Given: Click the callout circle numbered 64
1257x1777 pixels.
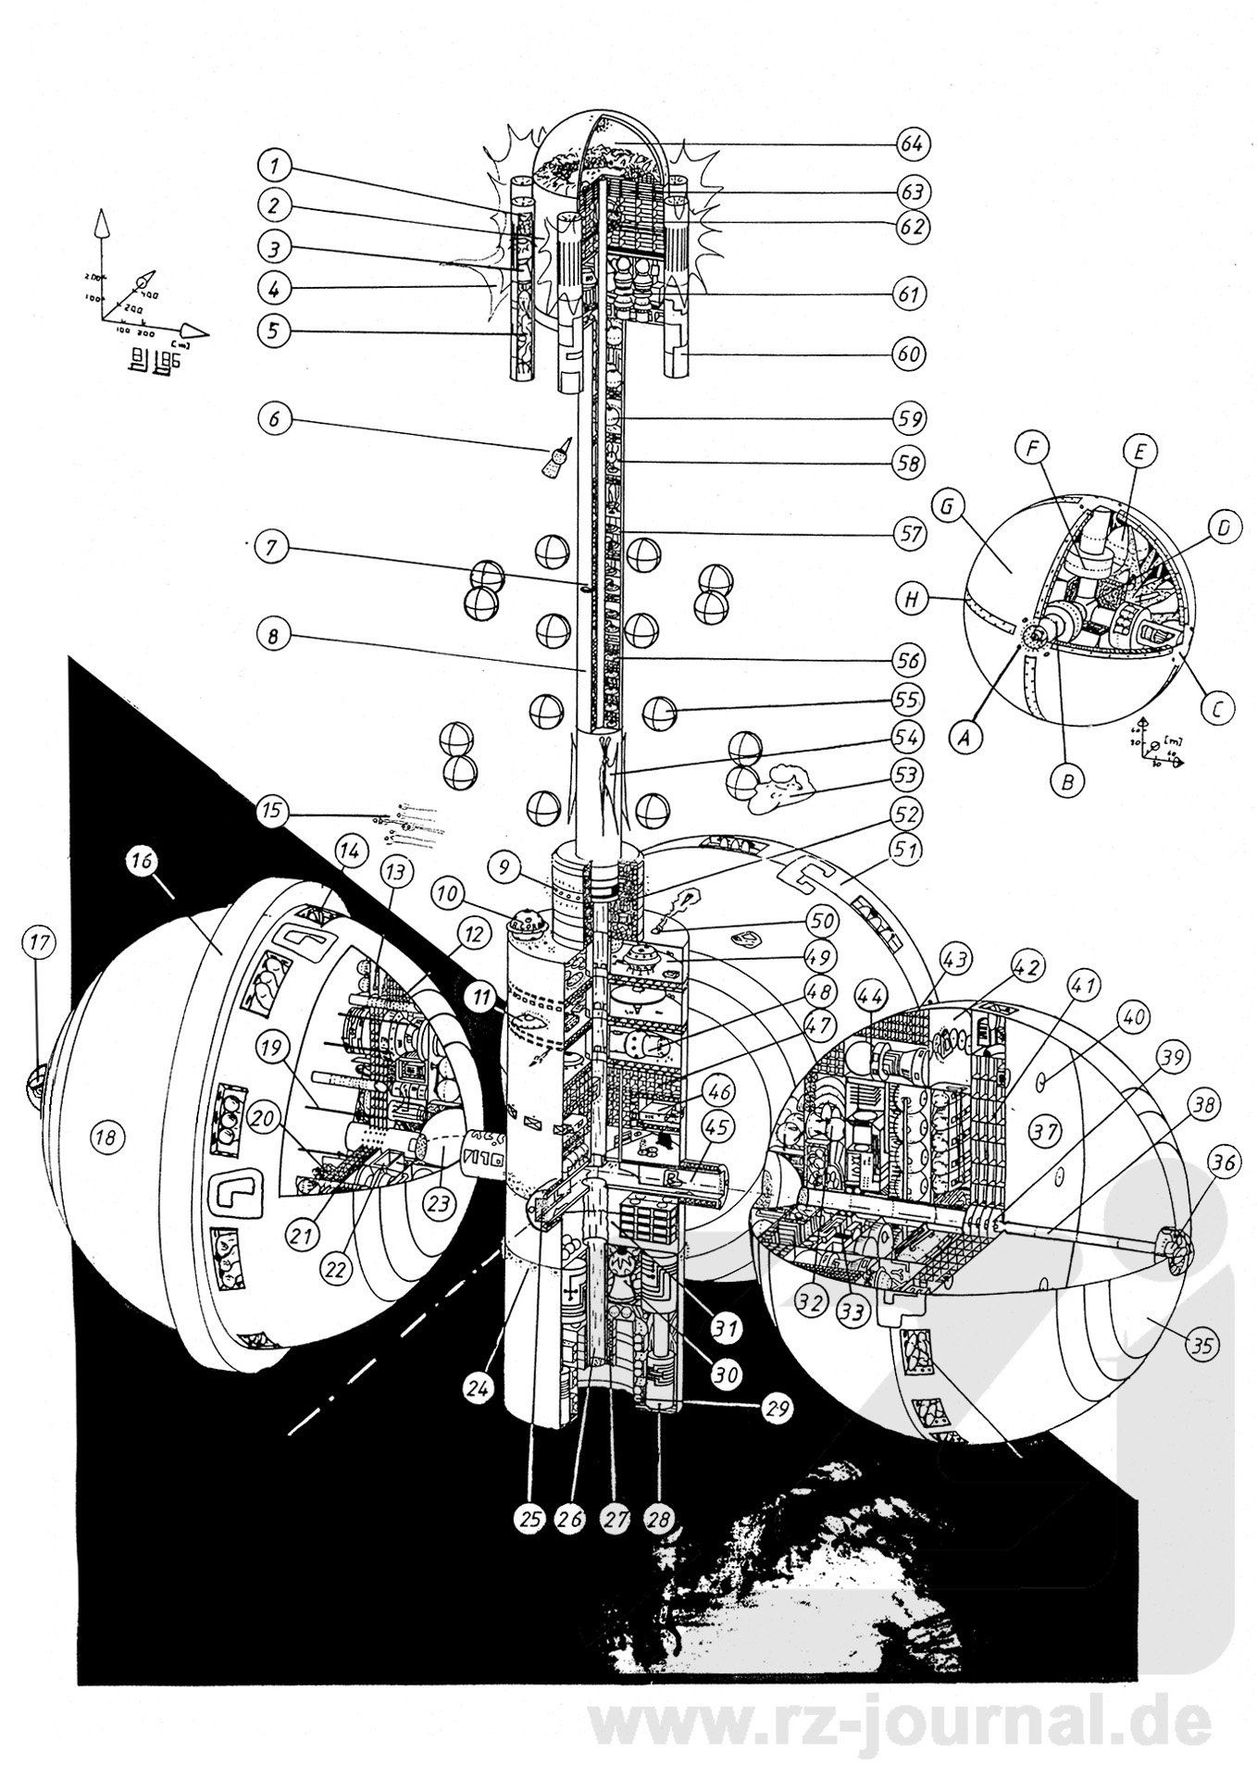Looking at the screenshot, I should coord(912,144).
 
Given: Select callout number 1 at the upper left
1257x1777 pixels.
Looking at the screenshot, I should coord(274,168).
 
